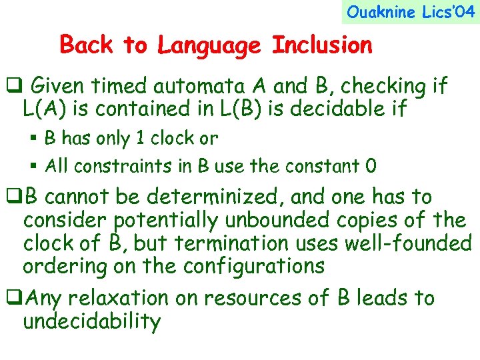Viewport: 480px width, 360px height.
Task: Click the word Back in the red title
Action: [86, 45]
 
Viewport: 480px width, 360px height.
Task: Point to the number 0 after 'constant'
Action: [370, 166]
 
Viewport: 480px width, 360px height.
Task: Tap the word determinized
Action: [215, 197]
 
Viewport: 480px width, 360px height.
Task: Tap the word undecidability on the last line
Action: [92, 321]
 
